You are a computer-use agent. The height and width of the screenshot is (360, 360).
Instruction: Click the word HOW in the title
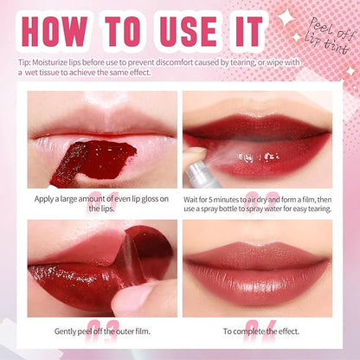(55, 32)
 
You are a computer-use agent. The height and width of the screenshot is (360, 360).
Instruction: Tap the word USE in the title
(189, 32)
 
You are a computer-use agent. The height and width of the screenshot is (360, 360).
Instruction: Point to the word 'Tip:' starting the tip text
(24, 62)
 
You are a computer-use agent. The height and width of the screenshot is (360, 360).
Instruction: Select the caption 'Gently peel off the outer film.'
(102, 331)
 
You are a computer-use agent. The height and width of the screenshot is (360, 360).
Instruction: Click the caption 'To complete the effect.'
(261, 331)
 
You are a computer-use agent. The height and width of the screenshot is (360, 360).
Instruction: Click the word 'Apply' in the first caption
(42, 199)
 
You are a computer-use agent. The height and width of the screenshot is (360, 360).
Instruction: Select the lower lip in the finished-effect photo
(258, 288)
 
